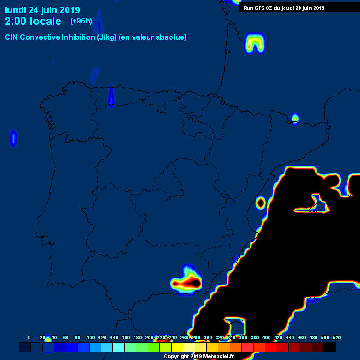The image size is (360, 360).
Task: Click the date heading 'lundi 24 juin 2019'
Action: [x=42, y=10]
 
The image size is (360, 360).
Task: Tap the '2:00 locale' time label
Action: [x=33, y=22]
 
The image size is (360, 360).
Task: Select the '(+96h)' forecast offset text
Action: [x=81, y=21]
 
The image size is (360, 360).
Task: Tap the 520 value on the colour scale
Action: [x=336, y=337]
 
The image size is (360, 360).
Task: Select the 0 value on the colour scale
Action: [x=30, y=337]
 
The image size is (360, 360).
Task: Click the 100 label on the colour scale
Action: [x=90, y=337]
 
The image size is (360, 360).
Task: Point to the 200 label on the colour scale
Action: [x=149, y=337]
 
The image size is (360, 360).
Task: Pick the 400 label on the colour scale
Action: [x=266, y=337]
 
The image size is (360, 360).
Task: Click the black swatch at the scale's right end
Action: [x=330, y=347]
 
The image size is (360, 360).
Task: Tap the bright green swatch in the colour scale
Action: [x=154, y=347]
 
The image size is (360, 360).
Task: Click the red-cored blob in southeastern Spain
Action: [x=188, y=282]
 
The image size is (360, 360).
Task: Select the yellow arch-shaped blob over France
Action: [x=255, y=43]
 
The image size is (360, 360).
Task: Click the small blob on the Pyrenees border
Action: [x=295, y=118]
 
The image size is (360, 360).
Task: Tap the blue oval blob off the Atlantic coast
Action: [x=13, y=138]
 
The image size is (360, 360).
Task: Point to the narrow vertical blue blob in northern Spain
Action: [x=111, y=96]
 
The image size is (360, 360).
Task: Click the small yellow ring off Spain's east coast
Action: [x=261, y=202]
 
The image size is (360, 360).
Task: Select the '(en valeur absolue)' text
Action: [x=153, y=37]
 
